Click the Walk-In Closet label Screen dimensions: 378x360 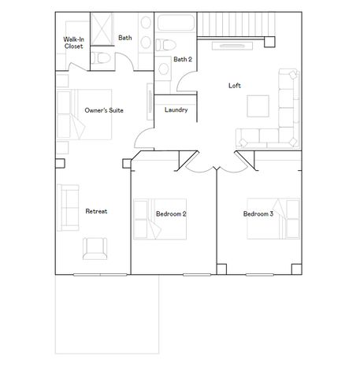point(73,43)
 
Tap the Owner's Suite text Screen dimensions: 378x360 point(104,111)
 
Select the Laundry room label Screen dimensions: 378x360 point(176,109)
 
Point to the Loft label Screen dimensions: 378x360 point(234,85)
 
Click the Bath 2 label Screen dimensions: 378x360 point(183,59)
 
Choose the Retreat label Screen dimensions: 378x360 point(96,211)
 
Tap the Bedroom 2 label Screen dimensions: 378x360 point(171,213)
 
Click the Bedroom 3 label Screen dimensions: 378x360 point(258,213)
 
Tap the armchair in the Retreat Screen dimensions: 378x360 point(95,249)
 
